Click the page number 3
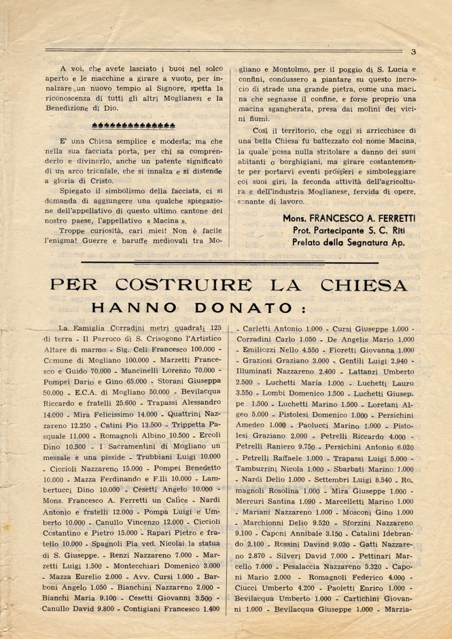pyautogui.click(x=413, y=52)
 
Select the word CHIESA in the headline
pyautogui.click(x=367, y=286)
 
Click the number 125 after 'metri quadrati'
pyautogui.click(x=215, y=329)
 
